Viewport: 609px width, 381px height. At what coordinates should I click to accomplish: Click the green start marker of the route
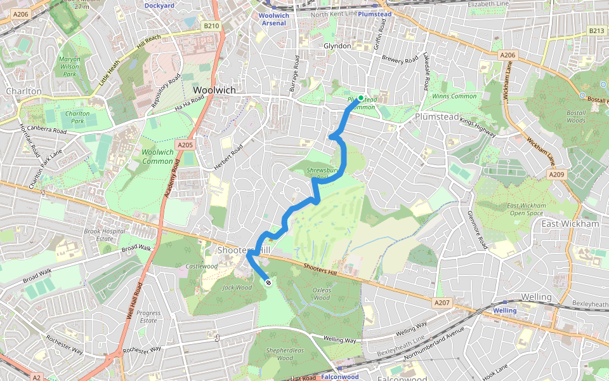tap(360, 98)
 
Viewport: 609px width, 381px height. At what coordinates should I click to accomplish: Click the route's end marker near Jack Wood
tap(268, 282)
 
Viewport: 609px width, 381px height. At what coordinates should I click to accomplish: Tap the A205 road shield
tap(185, 145)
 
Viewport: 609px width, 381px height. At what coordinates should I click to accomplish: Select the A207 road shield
tap(442, 302)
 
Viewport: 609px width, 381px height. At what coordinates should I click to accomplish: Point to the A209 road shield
tap(556, 175)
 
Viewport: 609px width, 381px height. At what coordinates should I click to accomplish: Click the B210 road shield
tap(211, 26)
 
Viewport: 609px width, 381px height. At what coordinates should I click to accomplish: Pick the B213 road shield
tap(596, 30)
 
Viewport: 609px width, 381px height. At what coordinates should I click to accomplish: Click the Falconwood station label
tap(341, 377)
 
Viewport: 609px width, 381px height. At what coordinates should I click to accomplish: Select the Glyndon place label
tap(337, 46)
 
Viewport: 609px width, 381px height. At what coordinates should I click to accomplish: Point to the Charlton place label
tap(23, 91)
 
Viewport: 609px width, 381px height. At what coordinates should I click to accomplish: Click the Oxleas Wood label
tap(322, 293)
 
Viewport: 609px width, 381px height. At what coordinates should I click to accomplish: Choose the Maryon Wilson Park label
tap(68, 67)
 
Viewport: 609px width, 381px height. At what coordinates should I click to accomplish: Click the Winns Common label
tap(454, 97)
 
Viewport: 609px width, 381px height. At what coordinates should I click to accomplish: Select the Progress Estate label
tap(148, 316)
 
